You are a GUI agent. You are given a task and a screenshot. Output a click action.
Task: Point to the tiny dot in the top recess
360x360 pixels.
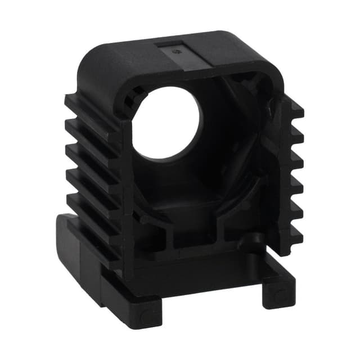[178, 52]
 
